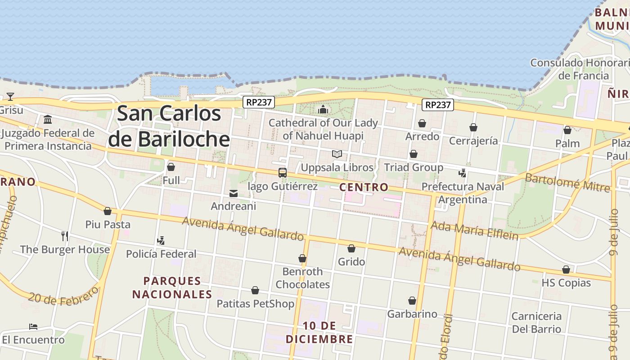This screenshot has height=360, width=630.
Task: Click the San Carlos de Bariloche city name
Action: pyautogui.click(x=169, y=126)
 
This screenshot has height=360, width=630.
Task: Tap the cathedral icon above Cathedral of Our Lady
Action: pyautogui.click(x=323, y=109)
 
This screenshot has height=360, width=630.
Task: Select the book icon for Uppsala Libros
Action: pyautogui.click(x=337, y=154)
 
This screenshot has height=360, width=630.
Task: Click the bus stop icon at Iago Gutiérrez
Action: pyautogui.click(x=283, y=173)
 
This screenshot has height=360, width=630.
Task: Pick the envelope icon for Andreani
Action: pyautogui.click(x=234, y=193)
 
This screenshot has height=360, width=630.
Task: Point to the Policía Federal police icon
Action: pyautogui.click(x=161, y=241)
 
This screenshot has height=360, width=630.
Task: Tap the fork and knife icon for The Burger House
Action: pyautogui.click(x=65, y=236)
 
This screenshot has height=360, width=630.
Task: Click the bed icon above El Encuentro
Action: pyautogui.click(x=33, y=326)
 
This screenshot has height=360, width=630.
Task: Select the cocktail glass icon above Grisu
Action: pyautogui.click(x=10, y=96)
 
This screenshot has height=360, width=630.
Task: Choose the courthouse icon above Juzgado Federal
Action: pyautogui.click(x=48, y=119)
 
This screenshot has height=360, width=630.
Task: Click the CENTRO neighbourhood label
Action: pyautogui.click(x=364, y=187)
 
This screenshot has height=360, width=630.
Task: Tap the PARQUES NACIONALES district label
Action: pyautogui.click(x=172, y=288)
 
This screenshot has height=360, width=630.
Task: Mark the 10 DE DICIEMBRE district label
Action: pyautogui.click(x=319, y=332)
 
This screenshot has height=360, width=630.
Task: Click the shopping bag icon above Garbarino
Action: pyautogui.click(x=412, y=301)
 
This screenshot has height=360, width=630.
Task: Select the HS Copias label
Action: pyautogui.click(x=566, y=283)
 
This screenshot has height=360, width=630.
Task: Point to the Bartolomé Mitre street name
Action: pyautogui.click(x=567, y=182)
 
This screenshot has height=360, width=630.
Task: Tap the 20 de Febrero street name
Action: pyautogui.click(x=63, y=296)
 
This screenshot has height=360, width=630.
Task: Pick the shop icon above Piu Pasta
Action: pyautogui.click(x=108, y=211)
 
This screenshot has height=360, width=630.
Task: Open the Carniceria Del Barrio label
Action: pyautogui.click(x=536, y=322)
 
